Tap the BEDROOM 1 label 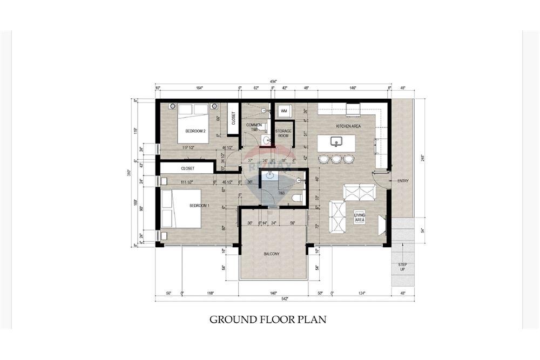point(199,206)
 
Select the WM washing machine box point(283,111)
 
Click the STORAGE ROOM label point(283,134)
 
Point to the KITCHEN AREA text point(348,126)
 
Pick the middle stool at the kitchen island point(336,159)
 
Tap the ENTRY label point(403,180)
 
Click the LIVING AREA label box point(360,217)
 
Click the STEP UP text point(402,266)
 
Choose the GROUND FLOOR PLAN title point(268,320)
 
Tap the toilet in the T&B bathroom point(295,199)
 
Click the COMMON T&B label point(254,127)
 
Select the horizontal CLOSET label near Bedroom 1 point(188,168)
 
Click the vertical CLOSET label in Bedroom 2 point(233,117)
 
